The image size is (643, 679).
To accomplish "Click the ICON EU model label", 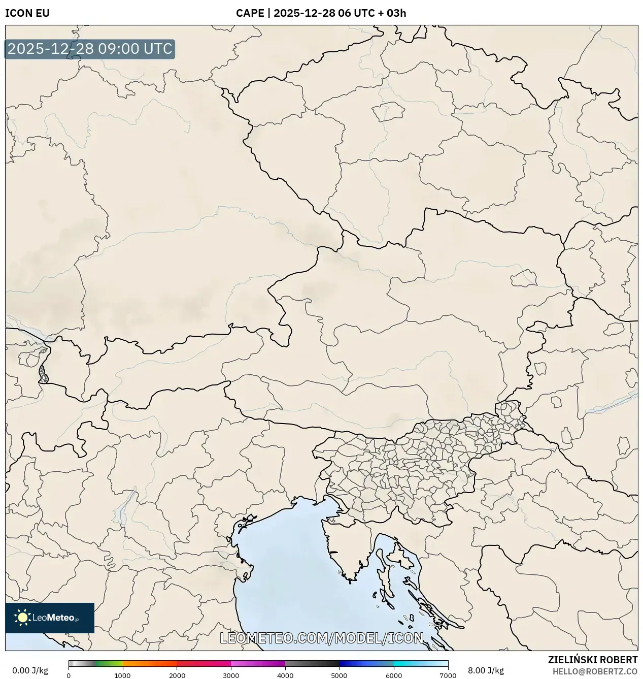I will [x=27, y=13].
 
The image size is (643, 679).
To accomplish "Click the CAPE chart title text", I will [x=321, y=13].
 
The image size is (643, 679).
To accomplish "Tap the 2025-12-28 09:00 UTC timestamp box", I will [x=90, y=49].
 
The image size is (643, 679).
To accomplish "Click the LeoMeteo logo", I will [x=50, y=618].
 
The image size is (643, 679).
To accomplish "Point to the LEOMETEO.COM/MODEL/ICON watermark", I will [x=321, y=638].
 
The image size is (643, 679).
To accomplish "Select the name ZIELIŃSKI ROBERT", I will [x=592, y=660].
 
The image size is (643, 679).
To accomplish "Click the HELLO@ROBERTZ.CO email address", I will [x=595, y=671].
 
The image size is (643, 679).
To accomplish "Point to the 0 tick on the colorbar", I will [x=69, y=675].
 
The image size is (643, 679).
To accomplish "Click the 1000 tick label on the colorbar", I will [x=122, y=675].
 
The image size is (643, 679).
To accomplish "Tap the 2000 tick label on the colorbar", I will [x=177, y=675].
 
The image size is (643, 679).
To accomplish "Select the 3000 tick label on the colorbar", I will [x=231, y=675].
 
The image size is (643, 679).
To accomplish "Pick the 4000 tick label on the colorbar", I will [x=285, y=675].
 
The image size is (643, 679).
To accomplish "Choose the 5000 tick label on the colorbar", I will [x=339, y=675].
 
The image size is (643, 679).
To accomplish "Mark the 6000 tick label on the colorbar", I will [x=393, y=675].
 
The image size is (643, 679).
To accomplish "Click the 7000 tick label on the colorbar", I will [x=448, y=675].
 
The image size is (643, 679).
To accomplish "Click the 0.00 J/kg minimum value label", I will [x=30, y=670].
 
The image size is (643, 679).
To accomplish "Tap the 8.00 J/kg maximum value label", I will [x=486, y=670].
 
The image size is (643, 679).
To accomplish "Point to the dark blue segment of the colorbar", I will [x=355, y=663].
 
